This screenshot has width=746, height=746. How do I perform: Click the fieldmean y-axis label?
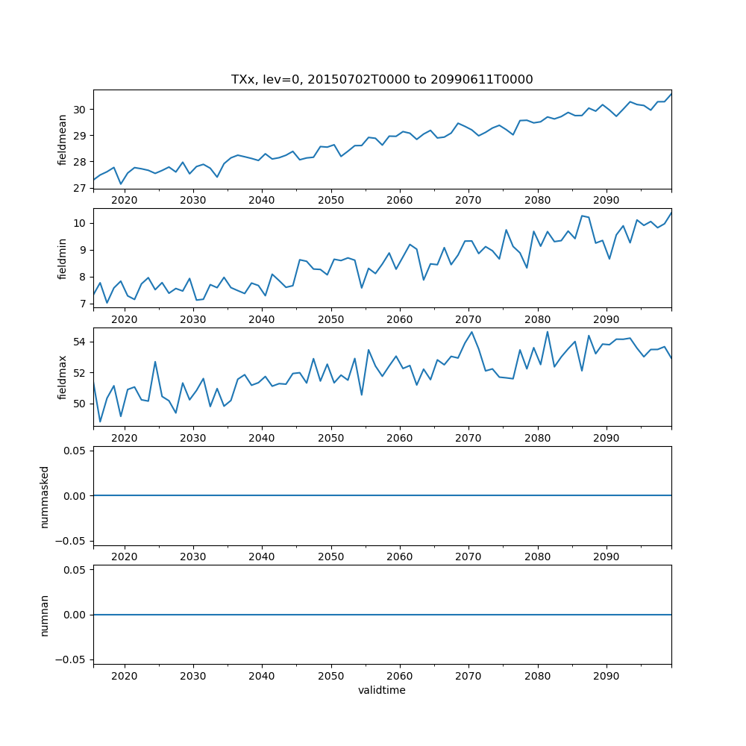[63, 139]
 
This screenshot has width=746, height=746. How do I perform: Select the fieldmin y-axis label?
[63, 258]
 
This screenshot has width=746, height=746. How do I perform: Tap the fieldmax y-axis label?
[63, 377]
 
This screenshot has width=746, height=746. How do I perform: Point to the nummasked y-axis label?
[45, 496]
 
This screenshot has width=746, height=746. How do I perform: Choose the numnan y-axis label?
[45, 615]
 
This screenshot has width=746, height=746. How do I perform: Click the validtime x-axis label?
[382, 690]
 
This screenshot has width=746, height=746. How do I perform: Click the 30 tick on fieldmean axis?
[81, 110]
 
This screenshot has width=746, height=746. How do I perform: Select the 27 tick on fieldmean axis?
[81, 188]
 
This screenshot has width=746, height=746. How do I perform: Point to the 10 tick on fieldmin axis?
[81, 223]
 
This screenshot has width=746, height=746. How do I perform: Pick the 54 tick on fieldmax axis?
[81, 342]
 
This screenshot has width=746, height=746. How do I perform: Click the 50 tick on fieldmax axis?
[81, 404]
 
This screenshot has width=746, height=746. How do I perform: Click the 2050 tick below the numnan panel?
[330, 675]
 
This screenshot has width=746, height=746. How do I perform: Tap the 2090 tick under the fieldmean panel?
[606, 200]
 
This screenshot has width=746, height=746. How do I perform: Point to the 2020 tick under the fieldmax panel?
[125, 438]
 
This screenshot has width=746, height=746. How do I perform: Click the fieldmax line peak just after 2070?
[471, 332]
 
